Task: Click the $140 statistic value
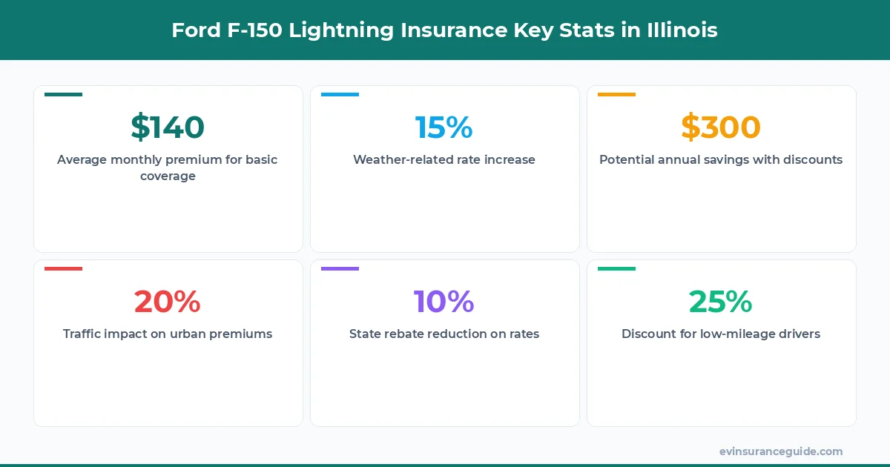(168, 127)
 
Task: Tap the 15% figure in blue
(444, 127)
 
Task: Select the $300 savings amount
(721, 127)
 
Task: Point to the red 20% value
(168, 302)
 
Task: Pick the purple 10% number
(444, 302)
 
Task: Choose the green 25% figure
(721, 302)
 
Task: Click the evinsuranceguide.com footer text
(780, 451)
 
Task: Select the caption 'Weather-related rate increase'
(444, 159)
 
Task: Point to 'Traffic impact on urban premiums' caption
(168, 334)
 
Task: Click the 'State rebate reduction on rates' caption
(444, 334)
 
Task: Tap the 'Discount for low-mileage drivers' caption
(721, 334)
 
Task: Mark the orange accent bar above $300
(616, 95)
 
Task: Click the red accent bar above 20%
(63, 268)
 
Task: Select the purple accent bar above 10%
(340, 268)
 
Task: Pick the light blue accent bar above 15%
(340, 95)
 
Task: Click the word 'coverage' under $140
(168, 176)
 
